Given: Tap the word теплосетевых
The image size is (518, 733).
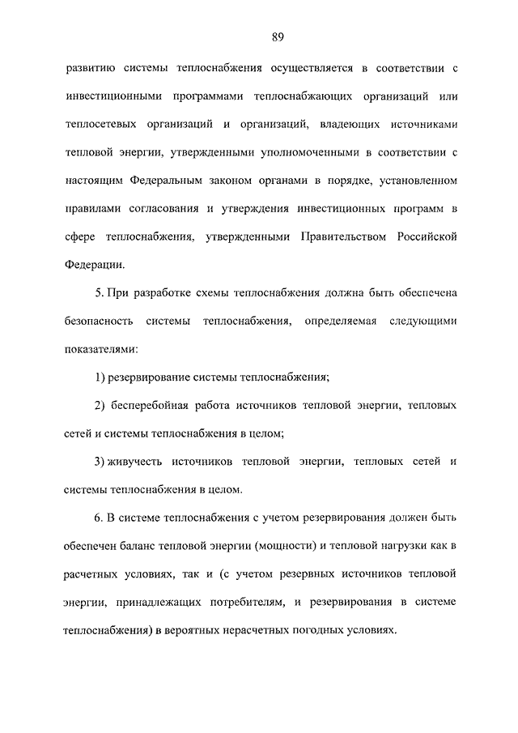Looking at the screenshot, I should click(x=100, y=125).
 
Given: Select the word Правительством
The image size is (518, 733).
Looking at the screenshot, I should click(x=341, y=236).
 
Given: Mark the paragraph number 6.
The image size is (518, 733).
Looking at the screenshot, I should click(x=99, y=517).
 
